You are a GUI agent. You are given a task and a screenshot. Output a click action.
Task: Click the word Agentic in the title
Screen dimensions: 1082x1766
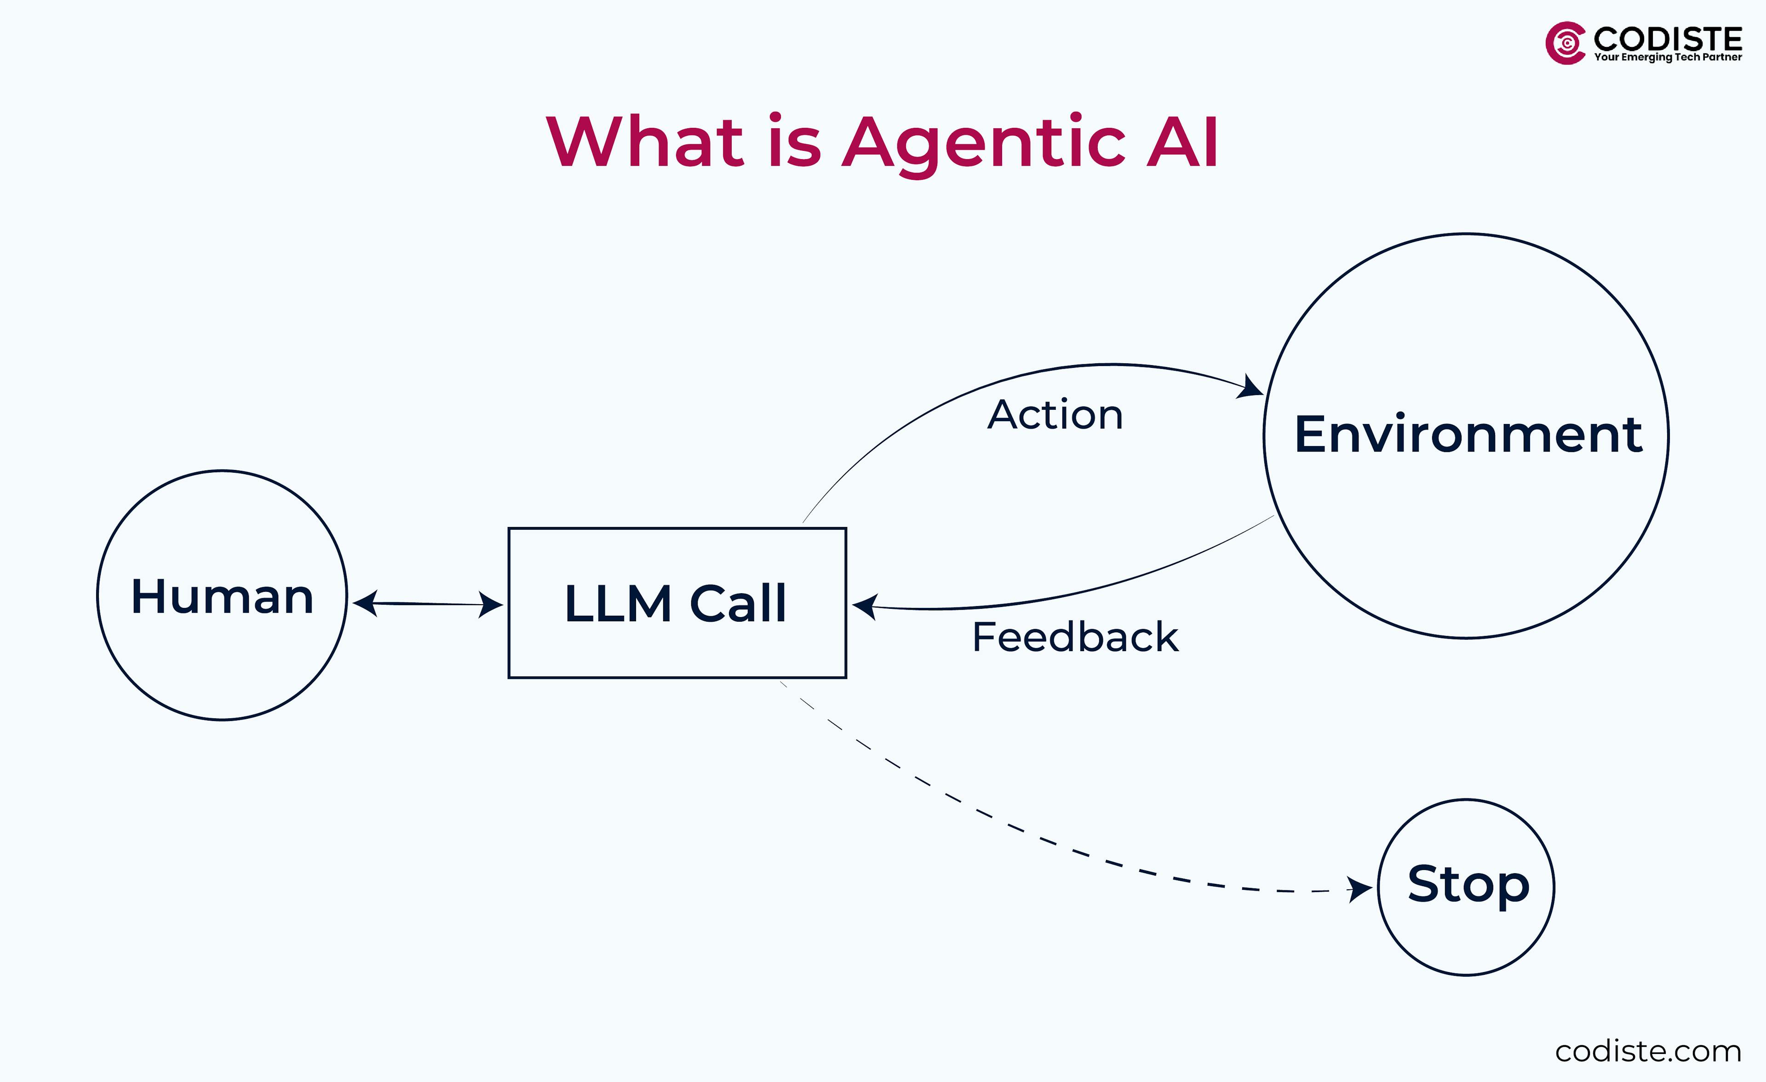[x=983, y=143]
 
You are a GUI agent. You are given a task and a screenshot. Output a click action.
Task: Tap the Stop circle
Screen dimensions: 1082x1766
[x=1467, y=887]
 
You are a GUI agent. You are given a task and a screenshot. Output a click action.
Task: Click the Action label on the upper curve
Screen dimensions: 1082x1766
[x=1055, y=415]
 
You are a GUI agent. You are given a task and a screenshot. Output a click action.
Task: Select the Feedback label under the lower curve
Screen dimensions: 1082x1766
[x=1075, y=637]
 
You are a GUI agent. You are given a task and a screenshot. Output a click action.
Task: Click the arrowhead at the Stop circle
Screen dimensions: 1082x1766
[x=1359, y=889]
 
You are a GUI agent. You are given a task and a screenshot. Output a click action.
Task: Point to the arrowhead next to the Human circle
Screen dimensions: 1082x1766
[x=366, y=603]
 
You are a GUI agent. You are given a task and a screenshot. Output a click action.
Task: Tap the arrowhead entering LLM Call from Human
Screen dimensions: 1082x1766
[x=491, y=605]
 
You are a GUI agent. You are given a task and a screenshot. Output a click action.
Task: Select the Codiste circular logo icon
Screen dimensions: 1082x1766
[x=1565, y=43]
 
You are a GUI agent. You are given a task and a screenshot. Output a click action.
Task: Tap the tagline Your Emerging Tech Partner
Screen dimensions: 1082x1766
[x=1667, y=57]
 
